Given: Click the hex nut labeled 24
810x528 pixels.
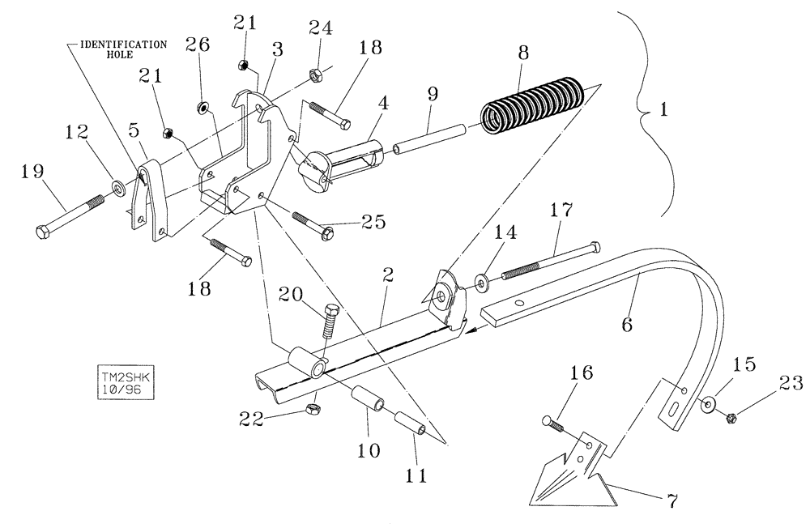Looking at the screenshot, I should pyautogui.click(x=314, y=77).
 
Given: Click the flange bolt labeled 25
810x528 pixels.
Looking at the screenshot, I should pyautogui.click(x=311, y=224).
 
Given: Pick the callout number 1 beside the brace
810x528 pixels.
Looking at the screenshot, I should pyautogui.click(x=664, y=111).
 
